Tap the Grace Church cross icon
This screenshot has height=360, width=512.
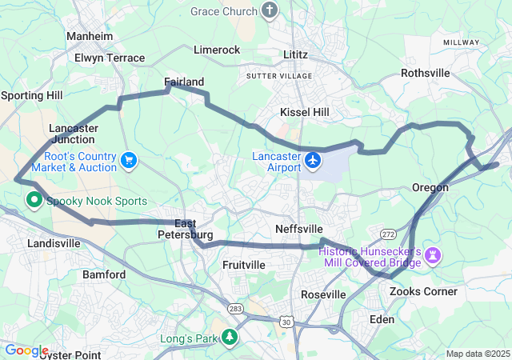coord(270,10)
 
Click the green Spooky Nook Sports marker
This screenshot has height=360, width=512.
coord(35,200)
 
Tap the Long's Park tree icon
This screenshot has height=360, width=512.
coord(230,338)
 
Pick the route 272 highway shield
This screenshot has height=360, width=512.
coord(389,234)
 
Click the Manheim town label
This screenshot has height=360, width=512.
coord(90,37)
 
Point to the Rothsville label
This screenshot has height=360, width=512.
coord(426,73)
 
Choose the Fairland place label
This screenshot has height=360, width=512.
coord(184,82)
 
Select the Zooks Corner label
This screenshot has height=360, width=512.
coord(423,291)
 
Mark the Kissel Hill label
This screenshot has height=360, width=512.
coord(304,113)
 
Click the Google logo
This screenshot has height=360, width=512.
coord(26,350)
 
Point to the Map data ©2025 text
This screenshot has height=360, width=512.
coord(476,354)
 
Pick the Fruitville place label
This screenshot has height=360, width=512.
coord(244,265)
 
